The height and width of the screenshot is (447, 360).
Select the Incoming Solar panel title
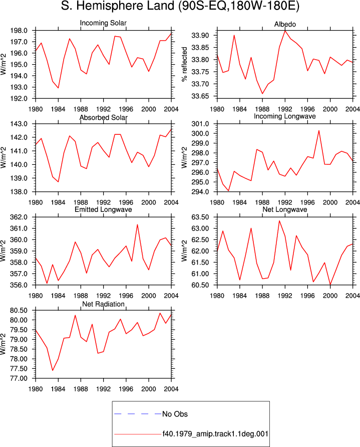pos(103,23)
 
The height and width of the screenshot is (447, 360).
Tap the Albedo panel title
pos(285,24)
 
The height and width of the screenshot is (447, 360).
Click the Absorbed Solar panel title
pos(103,117)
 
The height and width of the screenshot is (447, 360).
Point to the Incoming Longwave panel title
pos(285,116)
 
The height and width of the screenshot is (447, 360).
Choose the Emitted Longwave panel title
pos(103,209)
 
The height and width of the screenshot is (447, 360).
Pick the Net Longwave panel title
pos(285,209)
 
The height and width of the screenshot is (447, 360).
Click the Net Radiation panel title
pos(103,304)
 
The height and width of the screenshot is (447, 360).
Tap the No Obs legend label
pos(175,414)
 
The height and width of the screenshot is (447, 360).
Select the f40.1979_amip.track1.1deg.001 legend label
pos(215,434)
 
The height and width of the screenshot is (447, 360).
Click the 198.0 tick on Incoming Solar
pos(19,31)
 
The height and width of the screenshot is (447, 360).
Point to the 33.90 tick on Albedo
pos(200,36)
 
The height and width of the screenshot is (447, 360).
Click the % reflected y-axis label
pos(184,64)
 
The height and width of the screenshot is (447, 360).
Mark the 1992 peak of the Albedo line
pos(285,31)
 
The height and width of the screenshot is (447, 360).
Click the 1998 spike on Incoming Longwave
pos(319,131)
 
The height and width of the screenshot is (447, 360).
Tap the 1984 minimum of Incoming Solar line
pos(58,88)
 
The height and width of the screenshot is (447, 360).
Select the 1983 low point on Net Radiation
pos(53,370)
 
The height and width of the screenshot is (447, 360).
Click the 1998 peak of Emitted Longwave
pos(137,225)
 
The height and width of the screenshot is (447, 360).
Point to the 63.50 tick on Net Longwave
pos(200,217)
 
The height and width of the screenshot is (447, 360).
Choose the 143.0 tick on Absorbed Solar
pos(19,124)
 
